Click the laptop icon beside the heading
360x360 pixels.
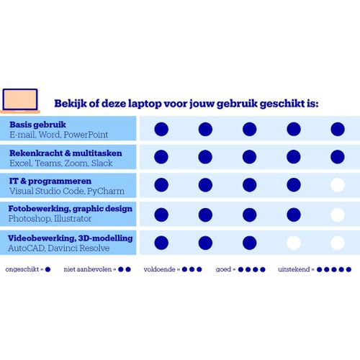tap(20, 101)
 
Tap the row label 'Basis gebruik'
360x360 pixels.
tap(37, 125)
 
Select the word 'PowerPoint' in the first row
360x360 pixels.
tap(86, 135)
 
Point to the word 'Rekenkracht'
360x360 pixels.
tap(36, 153)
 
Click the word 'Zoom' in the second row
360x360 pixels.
tap(76, 163)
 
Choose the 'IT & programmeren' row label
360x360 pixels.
tap(50, 181)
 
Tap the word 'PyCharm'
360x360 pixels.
tap(106, 191)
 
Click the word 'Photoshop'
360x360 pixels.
tap(30, 219)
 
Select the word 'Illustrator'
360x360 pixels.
tap(73, 219)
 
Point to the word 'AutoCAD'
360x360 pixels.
tap(27, 248)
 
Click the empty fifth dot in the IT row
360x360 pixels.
tap(338, 185)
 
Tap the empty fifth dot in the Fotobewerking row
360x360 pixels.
tap(338, 215)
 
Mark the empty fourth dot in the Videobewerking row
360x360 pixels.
tap(294, 243)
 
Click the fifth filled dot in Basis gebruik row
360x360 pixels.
tap(338, 129)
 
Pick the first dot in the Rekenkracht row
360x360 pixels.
tap(161, 157)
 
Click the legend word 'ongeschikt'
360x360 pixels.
tap(22, 269)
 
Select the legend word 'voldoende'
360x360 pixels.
tap(159, 269)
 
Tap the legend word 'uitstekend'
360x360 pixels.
tap(294, 269)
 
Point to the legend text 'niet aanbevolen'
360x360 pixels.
tap(88, 269)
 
